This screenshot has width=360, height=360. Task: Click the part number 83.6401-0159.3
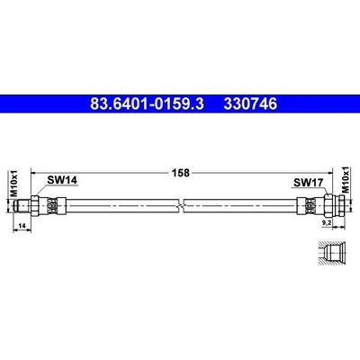tap(147, 104)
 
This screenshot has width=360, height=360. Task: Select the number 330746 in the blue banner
tap(250, 104)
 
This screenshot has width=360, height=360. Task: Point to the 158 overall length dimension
tap(180, 173)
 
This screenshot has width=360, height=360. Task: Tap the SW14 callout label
tap(62, 180)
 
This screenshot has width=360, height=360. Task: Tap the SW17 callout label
tap(308, 183)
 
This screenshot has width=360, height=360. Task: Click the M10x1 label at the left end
tap(14, 184)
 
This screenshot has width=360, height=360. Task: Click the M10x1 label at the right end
tap(346, 179)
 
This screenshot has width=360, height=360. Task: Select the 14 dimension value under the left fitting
tap(22, 225)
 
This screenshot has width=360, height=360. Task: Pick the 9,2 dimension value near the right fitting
tap(327, 222)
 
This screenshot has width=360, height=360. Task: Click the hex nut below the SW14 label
tap(34, 205)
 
